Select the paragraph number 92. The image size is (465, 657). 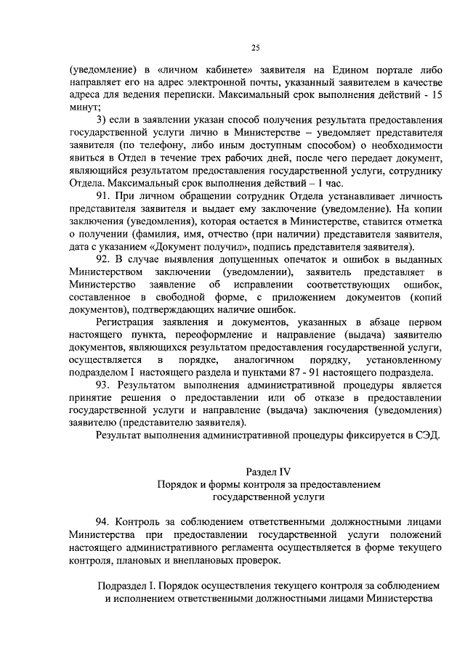[102, 259]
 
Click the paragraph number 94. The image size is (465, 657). [102, 523]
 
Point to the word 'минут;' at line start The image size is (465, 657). [83, 107]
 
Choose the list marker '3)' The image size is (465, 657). [102, 121]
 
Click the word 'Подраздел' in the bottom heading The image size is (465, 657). [123, 586]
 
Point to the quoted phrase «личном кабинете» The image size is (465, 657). [214, 70]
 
